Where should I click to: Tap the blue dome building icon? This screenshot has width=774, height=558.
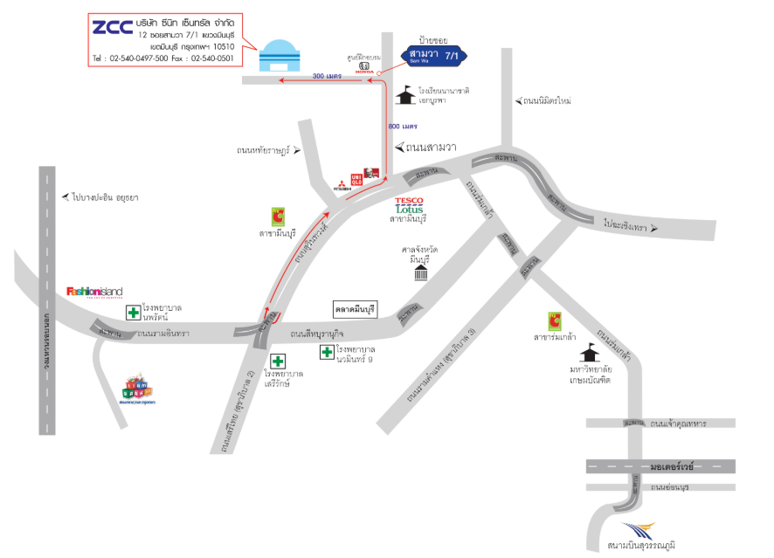[280, 56]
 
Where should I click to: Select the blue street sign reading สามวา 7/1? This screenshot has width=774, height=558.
[434, 57]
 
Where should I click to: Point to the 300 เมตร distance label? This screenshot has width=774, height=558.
[326, 77]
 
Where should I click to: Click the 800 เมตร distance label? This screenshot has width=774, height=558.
[403, 127]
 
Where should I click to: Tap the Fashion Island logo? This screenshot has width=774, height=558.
[94, 292]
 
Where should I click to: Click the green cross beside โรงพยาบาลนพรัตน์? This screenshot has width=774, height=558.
[133, 313]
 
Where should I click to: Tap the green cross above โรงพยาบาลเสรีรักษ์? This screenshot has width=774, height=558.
[279, 361]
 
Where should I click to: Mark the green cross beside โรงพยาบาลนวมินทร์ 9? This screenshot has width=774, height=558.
[327, 352]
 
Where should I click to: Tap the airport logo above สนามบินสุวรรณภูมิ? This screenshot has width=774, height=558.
[637, 530]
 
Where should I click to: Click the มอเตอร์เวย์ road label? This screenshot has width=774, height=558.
[671, 467]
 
